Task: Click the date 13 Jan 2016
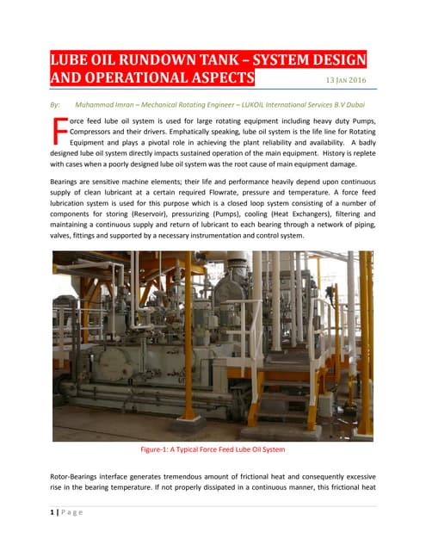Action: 347,81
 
